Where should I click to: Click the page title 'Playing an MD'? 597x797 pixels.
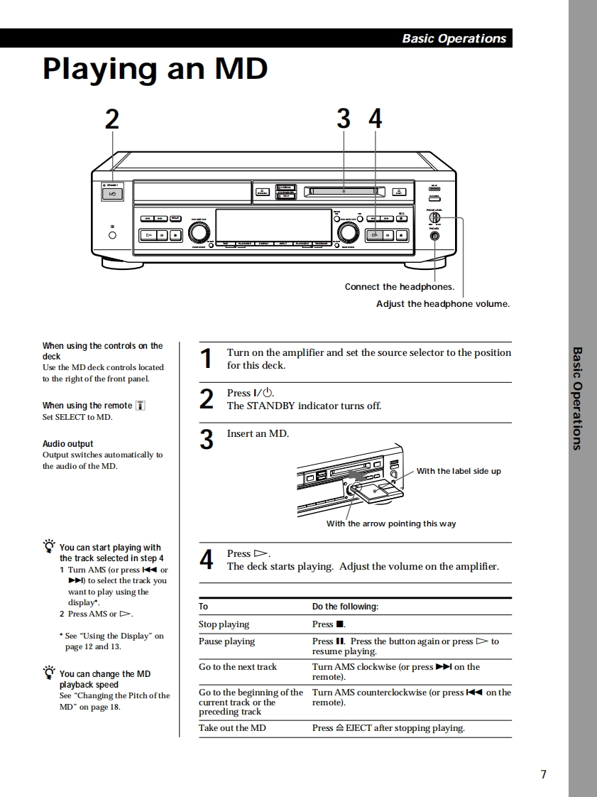coord(155,69)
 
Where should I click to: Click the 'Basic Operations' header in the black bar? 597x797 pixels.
coord(454,38)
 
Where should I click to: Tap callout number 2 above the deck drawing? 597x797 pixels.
coord(112,119)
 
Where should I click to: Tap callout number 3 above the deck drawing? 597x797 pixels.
coord(344,119)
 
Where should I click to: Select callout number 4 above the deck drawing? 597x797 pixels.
coord(375,119)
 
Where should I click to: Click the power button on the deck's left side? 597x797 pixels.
coord(112,194)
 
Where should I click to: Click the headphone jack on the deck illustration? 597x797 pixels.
coord(434,236)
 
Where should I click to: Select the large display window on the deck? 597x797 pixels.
coord(273,224)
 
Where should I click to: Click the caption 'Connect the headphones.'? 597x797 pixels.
coord(399,287)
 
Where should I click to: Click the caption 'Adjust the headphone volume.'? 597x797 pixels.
coord(442,304)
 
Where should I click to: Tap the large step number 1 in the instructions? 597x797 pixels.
coord(206,359)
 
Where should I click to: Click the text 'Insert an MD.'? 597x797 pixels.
coord(258,433)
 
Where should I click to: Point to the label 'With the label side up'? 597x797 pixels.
coord(458,471)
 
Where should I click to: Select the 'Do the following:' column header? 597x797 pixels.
coord(345,607)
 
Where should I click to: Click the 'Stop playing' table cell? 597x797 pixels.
coord(224,624)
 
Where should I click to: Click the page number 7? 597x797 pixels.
coord(543,774)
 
